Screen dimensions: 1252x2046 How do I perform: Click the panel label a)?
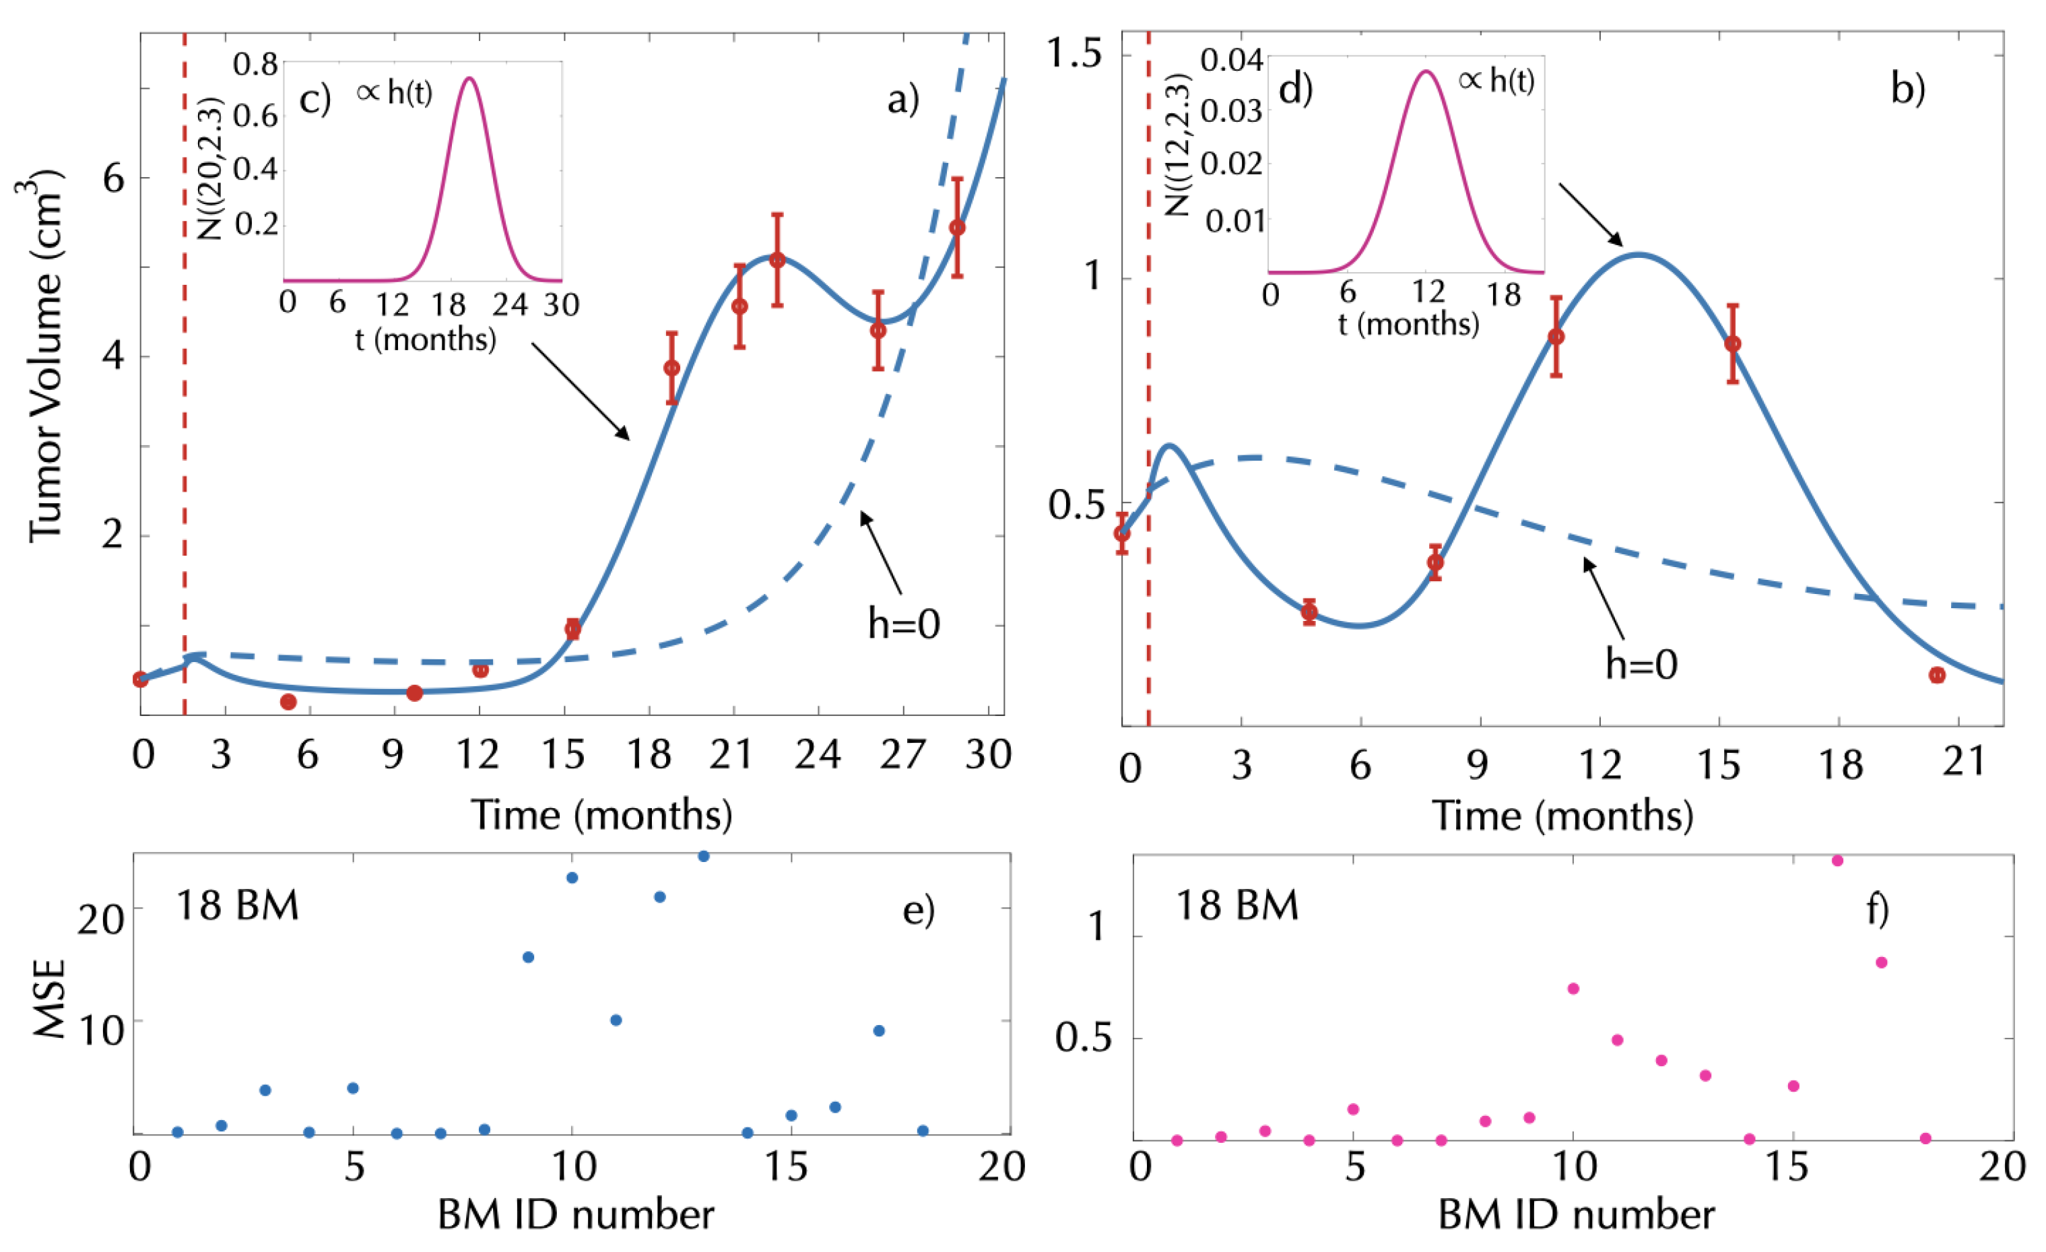click(902, 100)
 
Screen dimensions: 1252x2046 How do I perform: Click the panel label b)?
click(1908, 89)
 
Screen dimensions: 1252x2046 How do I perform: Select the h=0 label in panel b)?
click(1641, 665)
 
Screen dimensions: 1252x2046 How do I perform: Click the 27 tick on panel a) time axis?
click(902, 756)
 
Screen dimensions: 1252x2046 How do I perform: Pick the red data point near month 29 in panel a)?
click(956, 228)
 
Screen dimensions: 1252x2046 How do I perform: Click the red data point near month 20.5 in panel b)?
click(1937, 675)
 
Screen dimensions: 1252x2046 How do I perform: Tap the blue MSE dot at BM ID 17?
click(880, 1030)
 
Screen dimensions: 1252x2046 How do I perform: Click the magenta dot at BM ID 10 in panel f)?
click(1573, 988)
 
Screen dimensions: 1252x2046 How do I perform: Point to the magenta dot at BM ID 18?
click(1925, 1138)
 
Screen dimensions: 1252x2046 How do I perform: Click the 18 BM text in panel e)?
click(238, 905)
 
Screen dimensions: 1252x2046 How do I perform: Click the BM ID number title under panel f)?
click(1575, 1216)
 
